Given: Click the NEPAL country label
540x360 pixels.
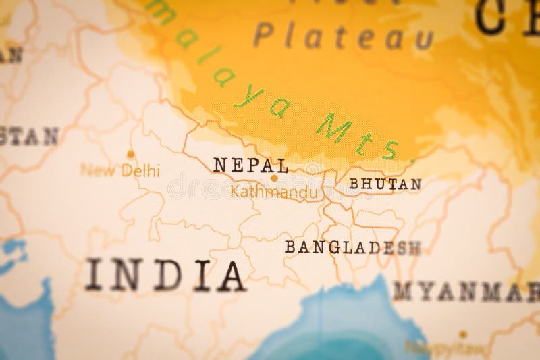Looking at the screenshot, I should pyautogui.click(x=250, y=165).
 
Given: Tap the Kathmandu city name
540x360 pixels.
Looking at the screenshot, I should pyautogui.click(x=273, y=192).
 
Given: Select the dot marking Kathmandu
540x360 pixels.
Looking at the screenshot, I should pyautogui.click(x=274, y=179).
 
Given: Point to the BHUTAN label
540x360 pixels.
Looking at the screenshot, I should pyautogui.click(x=385, y=184).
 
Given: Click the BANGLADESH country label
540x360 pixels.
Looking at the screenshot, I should pyautogui.click(x=352, y=247).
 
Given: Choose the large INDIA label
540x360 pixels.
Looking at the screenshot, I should pyautogui.click(x=165, y=276).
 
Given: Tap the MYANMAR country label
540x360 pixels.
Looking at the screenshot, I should pyautogui.click(x=466, y=292).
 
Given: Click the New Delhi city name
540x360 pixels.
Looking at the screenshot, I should pyautogui.click(x=120, y=170).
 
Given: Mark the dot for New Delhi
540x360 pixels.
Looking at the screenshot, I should pyautogui.click(x=130, y=154).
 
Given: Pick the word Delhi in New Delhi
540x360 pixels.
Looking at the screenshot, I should pyautogui.click(x=141, y=171).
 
